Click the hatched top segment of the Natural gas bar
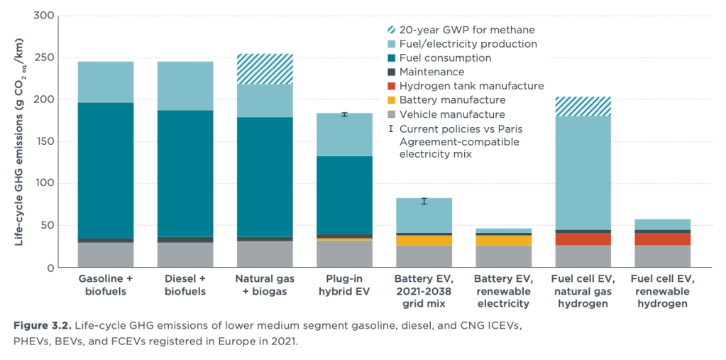[x=265, y=69]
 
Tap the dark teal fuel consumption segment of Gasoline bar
[x=106, y=170]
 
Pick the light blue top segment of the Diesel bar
[x=185, y=86]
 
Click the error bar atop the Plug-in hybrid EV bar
[x=344, y=114]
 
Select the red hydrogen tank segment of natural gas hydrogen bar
[x=583, y=239]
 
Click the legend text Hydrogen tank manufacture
[x=471, y=86]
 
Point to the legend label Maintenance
[x=431, y=72]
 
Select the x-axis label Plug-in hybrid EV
[x=344, y=285]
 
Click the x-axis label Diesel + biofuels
[x=185, y=285]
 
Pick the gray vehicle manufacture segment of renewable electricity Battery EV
[x=503, y=256]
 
